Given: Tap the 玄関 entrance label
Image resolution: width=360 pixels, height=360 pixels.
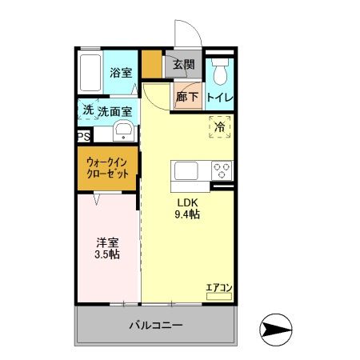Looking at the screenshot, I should pyautogui.click(x=183, y=65).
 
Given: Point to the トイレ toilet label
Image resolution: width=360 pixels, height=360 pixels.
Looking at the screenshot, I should pyautogui.click(x=220, y=98).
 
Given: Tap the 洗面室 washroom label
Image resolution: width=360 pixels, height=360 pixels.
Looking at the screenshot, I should pyautogui.click(x=114, y=111).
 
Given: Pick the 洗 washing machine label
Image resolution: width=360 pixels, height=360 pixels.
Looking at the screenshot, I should pyautogui.click(x=86, y=110).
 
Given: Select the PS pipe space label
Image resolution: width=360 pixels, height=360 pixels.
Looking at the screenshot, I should pyautogui.click(x=83, y=137).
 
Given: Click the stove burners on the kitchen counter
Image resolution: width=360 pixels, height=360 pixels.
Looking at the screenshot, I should pyautogui.click(x=222, y=170).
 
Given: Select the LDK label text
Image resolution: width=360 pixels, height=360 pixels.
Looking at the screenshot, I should pyautogui.click(x=187, y=202).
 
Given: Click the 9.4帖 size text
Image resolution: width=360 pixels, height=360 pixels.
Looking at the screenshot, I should pyautogui.click(x=187, y=214).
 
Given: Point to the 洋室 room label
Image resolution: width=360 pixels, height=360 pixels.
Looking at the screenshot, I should pyautogui.click(x=108, y=242).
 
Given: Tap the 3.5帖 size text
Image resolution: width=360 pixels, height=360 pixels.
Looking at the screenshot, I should pyautogui.click(x=108, y=254).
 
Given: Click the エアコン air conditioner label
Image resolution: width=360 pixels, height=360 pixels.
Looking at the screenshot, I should pyautogui.click(x=218, y=287).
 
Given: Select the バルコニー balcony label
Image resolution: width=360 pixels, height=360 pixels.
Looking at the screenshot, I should pyautogui.click(x=156, y=326).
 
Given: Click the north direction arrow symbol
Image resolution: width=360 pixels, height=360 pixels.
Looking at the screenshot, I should pyautogui.click(x=276, y=329).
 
